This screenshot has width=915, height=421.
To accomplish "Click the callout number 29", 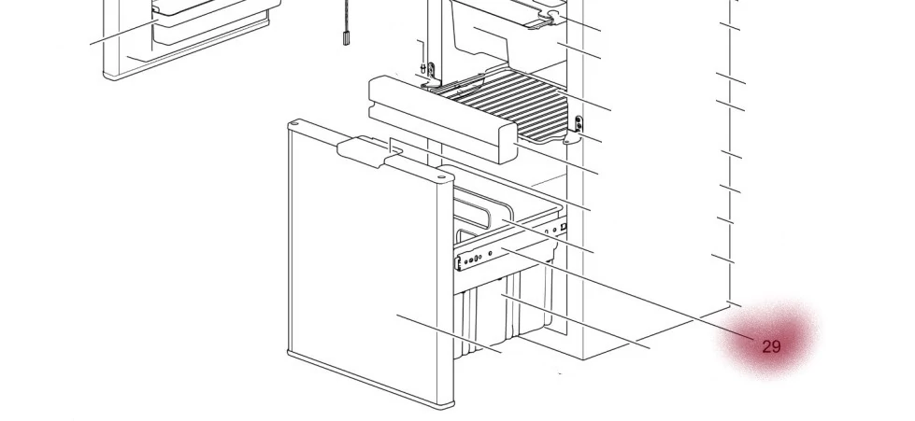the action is click(x=771, y=347).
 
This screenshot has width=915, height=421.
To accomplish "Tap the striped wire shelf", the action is click(x=503, y=104).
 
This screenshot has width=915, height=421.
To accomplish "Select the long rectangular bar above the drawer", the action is click(x=442, y=119).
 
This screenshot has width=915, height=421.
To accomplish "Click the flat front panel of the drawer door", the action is click(x=363, y=262).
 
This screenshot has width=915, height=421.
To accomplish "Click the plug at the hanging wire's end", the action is click(x=346, y=39).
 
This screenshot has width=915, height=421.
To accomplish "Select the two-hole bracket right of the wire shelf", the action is click(x=579, y=124).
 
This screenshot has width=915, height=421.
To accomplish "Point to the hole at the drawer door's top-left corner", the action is click(x=294, y=123).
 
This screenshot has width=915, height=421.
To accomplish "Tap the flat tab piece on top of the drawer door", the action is click(x=370, y=151).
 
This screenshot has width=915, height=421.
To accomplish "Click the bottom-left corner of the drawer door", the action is click(x=290, y=354).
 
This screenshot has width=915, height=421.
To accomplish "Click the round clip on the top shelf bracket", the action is click(x=552, y=15).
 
